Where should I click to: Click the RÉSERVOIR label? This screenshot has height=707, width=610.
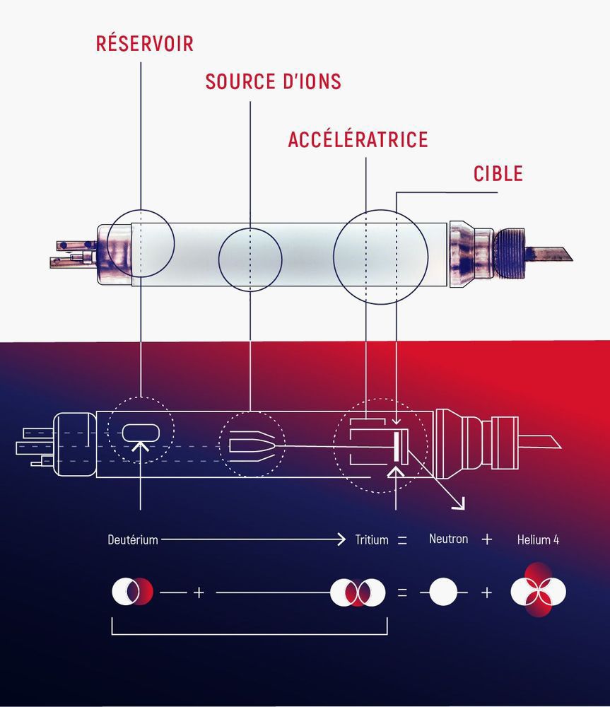[x=144, y=44]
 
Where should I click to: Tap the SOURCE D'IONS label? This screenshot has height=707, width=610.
[x=273, y=82]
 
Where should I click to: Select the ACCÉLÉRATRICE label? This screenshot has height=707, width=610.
[x=358, y=139]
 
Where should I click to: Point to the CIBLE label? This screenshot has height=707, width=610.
[x=498, y=173]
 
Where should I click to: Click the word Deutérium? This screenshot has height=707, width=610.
[x=133, y=539]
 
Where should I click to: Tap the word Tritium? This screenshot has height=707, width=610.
[x=372, y=539]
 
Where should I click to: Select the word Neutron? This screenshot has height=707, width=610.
[x=448, y=539]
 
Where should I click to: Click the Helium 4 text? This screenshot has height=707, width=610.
[x=538, y=539]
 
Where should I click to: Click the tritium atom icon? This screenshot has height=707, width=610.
[x=358, y=592]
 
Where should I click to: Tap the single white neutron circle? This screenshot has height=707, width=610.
[x=443, y=592]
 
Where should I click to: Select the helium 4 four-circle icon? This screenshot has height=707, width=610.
[x=538, y=591]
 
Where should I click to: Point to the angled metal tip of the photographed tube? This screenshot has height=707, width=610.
[x=554, y=252]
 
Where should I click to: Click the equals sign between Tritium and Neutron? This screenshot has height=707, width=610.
[x=402, y=539]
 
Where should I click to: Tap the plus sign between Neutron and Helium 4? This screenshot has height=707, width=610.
[x=486, y=539]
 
